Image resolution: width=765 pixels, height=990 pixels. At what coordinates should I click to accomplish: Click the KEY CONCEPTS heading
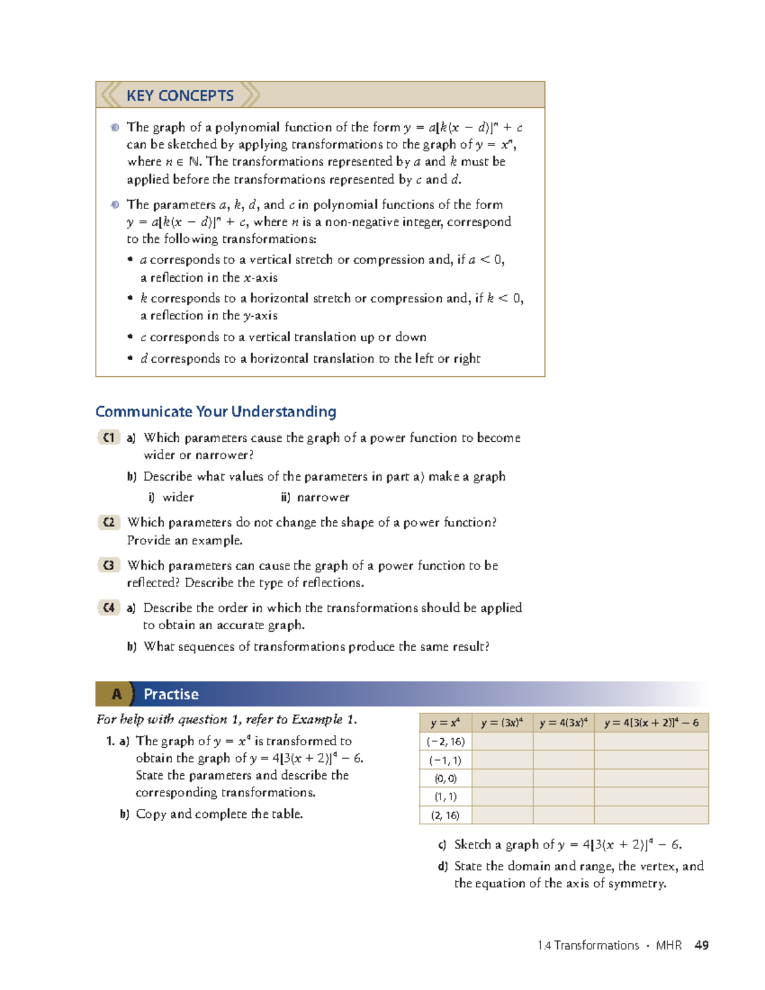180,96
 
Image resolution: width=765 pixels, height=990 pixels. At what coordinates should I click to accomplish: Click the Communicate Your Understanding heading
215,412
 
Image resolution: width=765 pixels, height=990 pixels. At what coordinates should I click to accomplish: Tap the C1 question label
109,437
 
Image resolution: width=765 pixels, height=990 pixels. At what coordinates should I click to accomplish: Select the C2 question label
109,522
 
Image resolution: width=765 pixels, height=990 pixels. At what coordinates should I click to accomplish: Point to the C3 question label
109,565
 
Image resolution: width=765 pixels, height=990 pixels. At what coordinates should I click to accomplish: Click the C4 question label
109,608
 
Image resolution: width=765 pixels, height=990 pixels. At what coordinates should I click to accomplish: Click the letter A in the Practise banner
116,694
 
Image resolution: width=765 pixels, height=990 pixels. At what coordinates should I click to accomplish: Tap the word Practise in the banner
171,694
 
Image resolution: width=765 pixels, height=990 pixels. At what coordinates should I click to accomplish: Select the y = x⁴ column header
445,723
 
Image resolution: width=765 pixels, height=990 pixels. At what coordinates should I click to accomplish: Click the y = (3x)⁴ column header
502,723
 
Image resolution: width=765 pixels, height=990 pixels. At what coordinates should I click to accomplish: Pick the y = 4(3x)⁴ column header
563,723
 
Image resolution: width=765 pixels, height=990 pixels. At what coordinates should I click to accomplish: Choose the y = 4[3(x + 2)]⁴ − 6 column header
651,723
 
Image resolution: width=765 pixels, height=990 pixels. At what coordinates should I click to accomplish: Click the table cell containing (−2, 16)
446,741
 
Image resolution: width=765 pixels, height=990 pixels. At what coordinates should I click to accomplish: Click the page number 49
701,945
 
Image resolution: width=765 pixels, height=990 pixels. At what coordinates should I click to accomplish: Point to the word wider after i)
178,497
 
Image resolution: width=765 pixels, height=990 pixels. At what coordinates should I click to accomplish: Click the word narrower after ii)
323,497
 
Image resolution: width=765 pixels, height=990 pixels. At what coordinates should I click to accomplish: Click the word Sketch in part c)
472,845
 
